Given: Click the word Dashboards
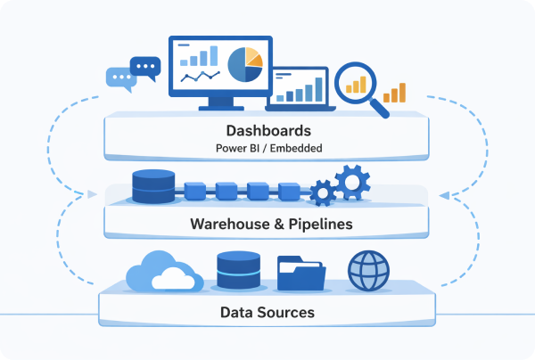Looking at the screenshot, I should tap(267, 130).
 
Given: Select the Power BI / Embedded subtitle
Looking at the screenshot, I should tap(267, 148).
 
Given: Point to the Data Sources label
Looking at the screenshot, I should tap(267, 313).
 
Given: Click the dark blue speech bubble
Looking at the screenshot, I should tap(145, 66).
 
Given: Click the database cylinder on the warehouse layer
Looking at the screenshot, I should tap(154, 187).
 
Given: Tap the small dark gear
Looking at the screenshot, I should tap(322, 191).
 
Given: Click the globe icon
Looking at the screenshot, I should tap(367, 271).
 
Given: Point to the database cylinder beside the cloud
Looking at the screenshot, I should tap(237, 271).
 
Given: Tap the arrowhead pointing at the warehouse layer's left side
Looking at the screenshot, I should tap(95, 194).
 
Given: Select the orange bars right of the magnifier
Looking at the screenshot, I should tap(395, 93).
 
